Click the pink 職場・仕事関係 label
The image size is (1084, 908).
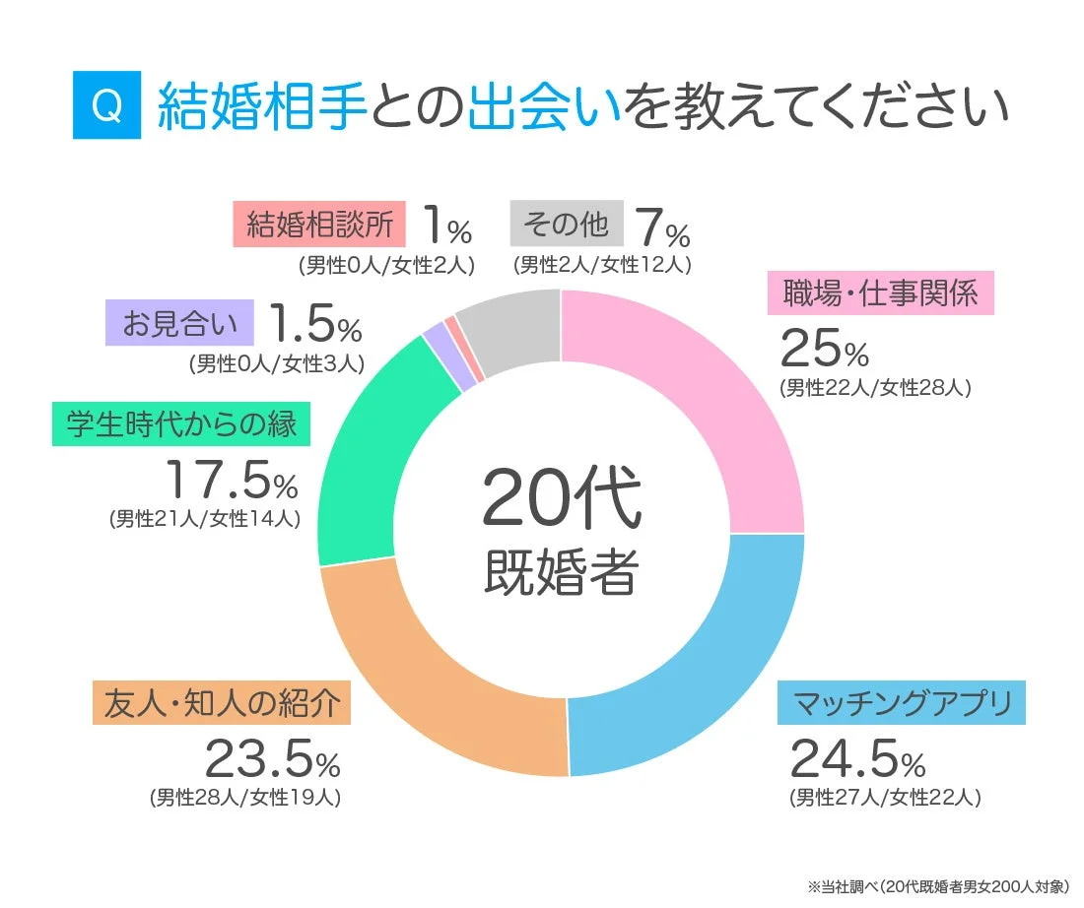point(880,293)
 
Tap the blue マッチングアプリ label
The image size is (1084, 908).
point(902,704)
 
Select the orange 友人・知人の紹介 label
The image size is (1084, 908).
point(222,704)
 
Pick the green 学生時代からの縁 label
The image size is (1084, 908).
point(181,425)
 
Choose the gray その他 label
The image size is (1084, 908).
point(567,225)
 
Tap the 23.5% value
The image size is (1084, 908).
point(272,758)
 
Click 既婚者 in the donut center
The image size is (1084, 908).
point(561,571)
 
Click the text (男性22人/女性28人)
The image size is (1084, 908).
point(875,388)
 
